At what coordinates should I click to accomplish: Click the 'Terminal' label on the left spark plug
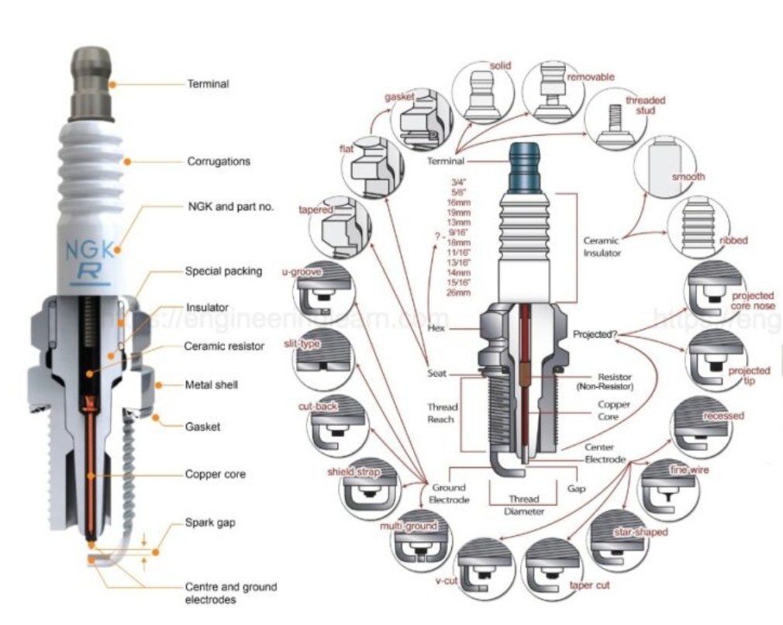pyautogui.click(x=208, y=84)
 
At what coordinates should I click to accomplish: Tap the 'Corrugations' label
pyautogui.click(x=219, y=162)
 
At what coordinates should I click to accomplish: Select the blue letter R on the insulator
pyautogui.click(x=91, y=271)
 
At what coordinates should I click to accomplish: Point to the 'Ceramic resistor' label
pyautogui.click(x=224, y=346)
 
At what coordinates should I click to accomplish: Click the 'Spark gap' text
pyautogui.click(x=210, y=523)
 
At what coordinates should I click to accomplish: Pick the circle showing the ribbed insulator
pyautogui.click(x=698, y=227)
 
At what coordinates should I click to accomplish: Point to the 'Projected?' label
pyautogui.click(x=595, y=335)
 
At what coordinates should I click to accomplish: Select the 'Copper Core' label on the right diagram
pyautogui.click(x=613, y=410)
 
